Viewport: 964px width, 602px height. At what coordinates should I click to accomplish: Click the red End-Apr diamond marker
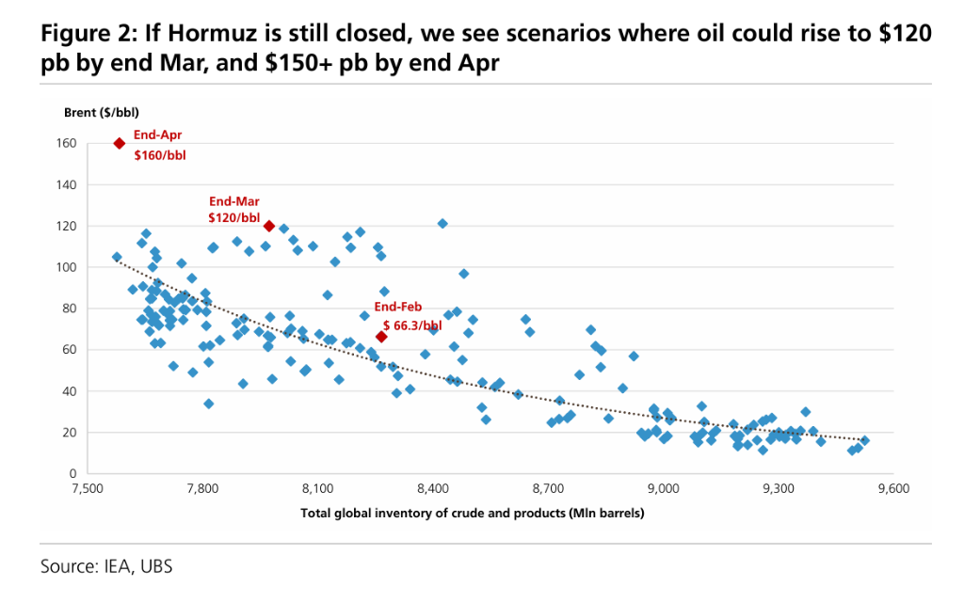point(120,143)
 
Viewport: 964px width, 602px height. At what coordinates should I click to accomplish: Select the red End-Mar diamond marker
point(269,226)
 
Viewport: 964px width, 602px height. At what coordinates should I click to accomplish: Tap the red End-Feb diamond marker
point(381,337)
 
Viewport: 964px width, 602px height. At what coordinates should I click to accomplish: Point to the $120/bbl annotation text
point(233,217)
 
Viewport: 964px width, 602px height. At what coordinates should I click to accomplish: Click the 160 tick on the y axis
point(66,143)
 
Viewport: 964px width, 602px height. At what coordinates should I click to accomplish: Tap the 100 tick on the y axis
point(66,267)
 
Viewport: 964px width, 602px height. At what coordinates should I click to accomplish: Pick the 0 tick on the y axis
point(72,473)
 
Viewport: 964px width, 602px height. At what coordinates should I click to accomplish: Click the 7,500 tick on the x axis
point(88,490)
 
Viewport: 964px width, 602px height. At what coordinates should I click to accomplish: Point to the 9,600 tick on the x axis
point(893,490)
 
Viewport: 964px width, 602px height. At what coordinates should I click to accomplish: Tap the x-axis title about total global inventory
point(472,514)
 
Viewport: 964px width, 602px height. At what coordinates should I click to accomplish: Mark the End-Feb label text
point(399,307)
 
